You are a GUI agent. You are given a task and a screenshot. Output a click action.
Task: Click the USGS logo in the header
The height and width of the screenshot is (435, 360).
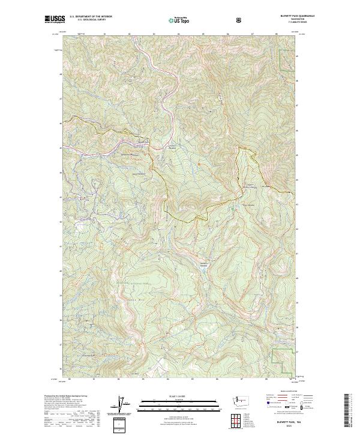point(55,19)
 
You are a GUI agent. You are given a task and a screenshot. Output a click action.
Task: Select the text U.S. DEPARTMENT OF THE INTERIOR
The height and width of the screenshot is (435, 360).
point(91,17)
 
